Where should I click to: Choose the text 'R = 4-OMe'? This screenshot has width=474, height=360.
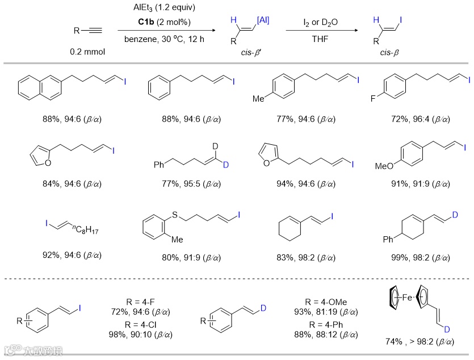[323, 302]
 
